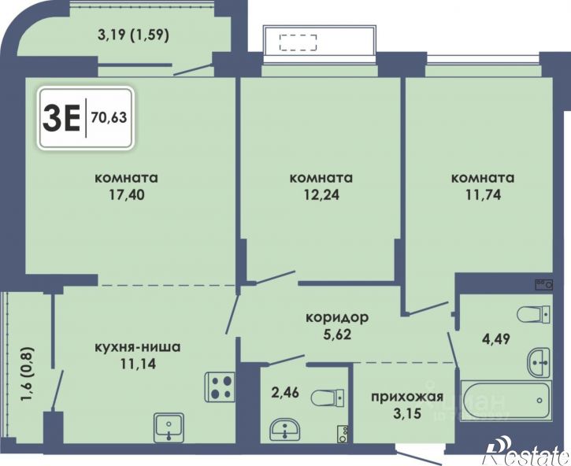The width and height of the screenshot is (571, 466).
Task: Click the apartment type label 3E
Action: tap(61, 116)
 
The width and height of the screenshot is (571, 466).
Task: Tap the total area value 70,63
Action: tap(109, 117)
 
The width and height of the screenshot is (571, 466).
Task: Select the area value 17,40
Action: tap(126, 195)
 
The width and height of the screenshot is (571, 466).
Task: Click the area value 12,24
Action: tap(321, 195)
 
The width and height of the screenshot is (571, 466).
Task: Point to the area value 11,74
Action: tap(483, 195)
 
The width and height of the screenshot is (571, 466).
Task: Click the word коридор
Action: tap(337, 317)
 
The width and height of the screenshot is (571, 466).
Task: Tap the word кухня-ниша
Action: tap(137, 347)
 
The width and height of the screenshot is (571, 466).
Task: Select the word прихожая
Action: tap(407, 397)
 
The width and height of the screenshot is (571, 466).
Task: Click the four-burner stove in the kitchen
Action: tap(220, 387)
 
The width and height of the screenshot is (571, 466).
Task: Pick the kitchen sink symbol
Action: tap(169, 427)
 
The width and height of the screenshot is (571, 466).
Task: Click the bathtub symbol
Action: tap(506, 401)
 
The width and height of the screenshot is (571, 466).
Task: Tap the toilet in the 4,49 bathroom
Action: tap(534, 314)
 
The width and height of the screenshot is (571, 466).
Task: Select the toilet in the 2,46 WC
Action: tap(328, 398)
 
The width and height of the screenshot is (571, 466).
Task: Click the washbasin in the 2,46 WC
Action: tap(285, 430)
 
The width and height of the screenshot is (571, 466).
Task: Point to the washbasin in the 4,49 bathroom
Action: tap(539, 363)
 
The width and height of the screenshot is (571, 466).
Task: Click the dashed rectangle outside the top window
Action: tap(298, 43)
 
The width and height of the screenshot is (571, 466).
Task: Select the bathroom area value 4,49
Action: tap(497, 339)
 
